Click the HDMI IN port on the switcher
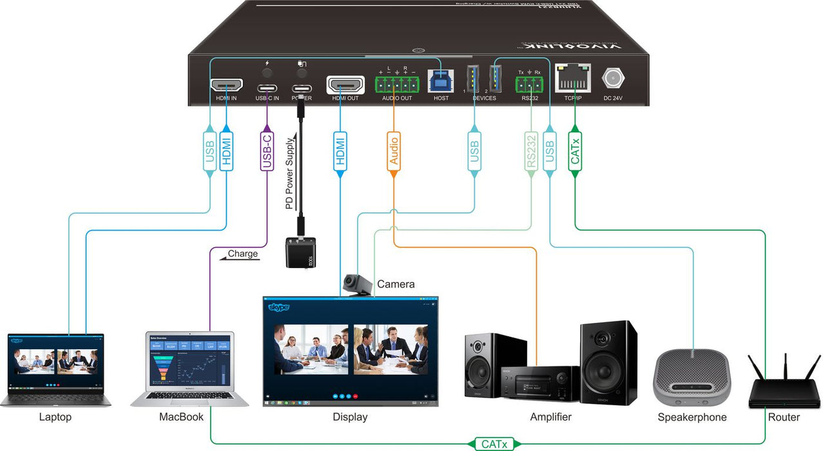226,85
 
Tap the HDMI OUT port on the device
345,85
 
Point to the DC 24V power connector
613,79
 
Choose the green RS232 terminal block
528,84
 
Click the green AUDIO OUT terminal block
396,84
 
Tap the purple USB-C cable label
267,149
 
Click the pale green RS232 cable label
531,151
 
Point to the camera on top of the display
356,284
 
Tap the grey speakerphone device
692,377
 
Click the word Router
784,417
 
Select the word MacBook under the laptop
181,417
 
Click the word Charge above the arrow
242,254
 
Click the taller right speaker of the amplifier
608,361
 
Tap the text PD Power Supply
290,171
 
